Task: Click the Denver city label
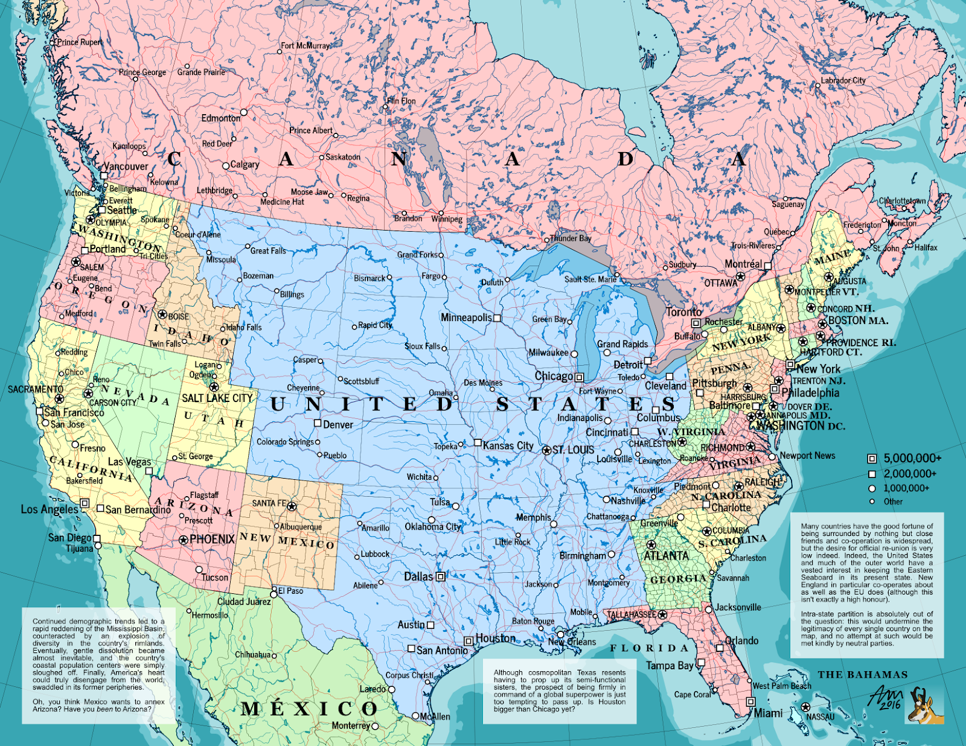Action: tap(338, 425)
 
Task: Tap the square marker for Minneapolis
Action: tap(497, 317)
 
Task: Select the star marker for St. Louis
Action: tap(546, 450)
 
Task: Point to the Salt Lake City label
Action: tap(217, 398)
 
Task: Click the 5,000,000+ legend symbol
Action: tap(872, 459)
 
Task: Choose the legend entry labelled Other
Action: tap(893, 502)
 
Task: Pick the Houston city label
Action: tap(496, 639)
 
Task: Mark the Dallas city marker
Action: tap(441, 576)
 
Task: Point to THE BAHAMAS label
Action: tap(863, 675)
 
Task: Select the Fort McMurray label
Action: tap(305, 46)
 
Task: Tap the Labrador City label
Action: tap(843, 81)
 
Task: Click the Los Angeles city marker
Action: tap(85, 503)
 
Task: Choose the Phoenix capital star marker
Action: tap(184, 540)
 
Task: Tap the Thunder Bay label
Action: tap(571, 238)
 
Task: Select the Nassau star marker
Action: tap(805, 707)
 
